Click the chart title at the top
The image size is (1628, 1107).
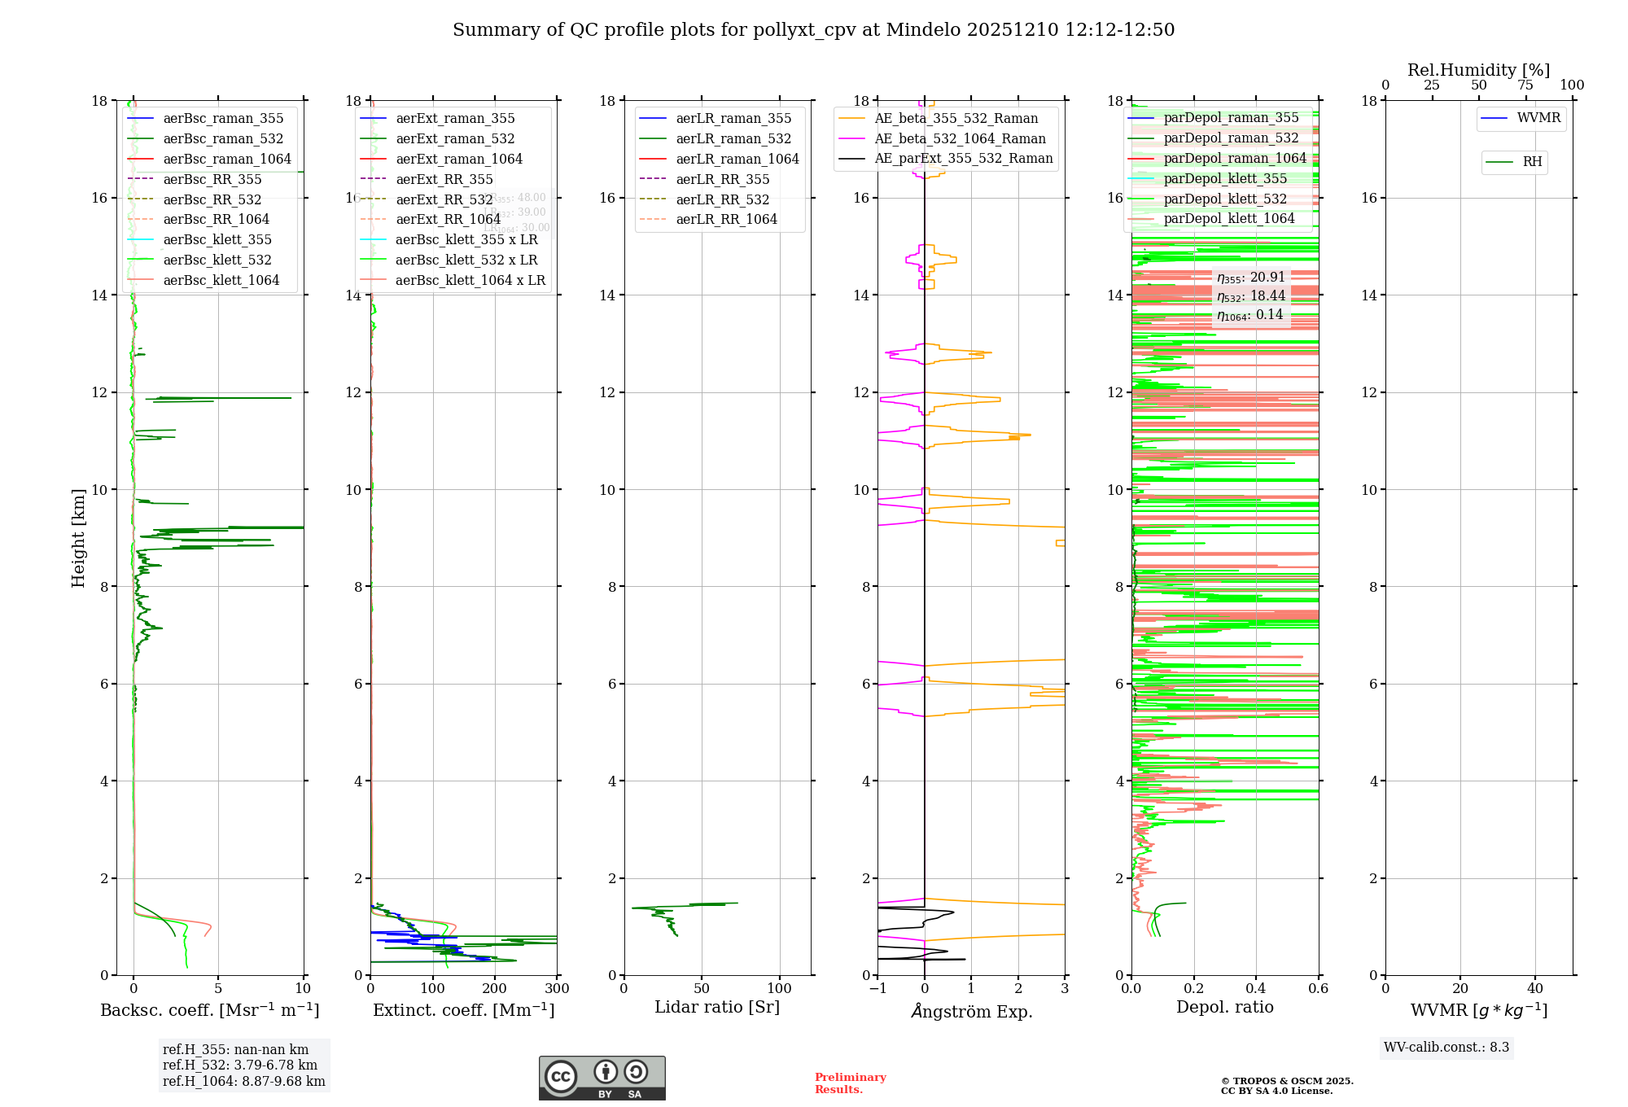(813, 30)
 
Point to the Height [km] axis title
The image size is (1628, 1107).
(78, 537)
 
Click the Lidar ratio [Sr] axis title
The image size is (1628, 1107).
(717, 1007)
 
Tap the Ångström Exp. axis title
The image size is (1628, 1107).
(971, 1011)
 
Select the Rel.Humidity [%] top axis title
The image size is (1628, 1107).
(1478, 70)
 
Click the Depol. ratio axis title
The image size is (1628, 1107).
(1224, 1007)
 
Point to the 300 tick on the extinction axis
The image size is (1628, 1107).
(558, 989)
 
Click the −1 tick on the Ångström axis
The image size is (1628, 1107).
(877, 989)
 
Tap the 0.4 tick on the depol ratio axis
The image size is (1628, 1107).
(1256, 989)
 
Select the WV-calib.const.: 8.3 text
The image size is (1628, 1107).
(1446, 1047)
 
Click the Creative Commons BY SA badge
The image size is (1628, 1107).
(602, 1078)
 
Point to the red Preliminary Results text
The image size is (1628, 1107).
(850, 1083)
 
